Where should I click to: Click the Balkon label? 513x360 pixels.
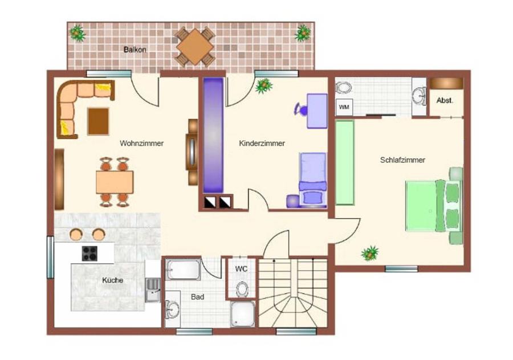(x=135, y=50)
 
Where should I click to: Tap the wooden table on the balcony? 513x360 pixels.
(x=195, y=47)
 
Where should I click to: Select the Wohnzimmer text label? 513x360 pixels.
(x=142, y=143)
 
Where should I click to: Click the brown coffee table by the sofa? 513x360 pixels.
(x=98, y=121)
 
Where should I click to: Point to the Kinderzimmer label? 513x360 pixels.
(x=262, y=143)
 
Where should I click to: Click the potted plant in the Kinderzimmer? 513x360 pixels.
(x=264, y=85)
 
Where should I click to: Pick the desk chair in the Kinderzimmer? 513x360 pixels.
(x=301, y=109)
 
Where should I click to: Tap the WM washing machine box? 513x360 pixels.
(x=344, y=107)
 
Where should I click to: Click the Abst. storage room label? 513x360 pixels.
(x=445, y=100)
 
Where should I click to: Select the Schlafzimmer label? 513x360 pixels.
(x=402, y=160)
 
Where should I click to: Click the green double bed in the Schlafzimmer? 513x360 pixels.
(x=434, y=206)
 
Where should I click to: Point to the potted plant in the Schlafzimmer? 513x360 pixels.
(x=370, y=253)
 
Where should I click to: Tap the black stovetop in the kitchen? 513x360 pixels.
(x=89, y=253)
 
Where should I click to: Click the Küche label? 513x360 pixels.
(x=112, y=280)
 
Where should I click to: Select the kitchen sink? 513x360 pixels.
(x=153, y=290)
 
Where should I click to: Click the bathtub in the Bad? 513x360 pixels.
(x=183, y=270)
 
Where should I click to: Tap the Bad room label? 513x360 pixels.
(x=197, y=297)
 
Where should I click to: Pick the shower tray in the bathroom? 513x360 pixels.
(x=243, y=314)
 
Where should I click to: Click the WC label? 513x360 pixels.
(x=241, y=269)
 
